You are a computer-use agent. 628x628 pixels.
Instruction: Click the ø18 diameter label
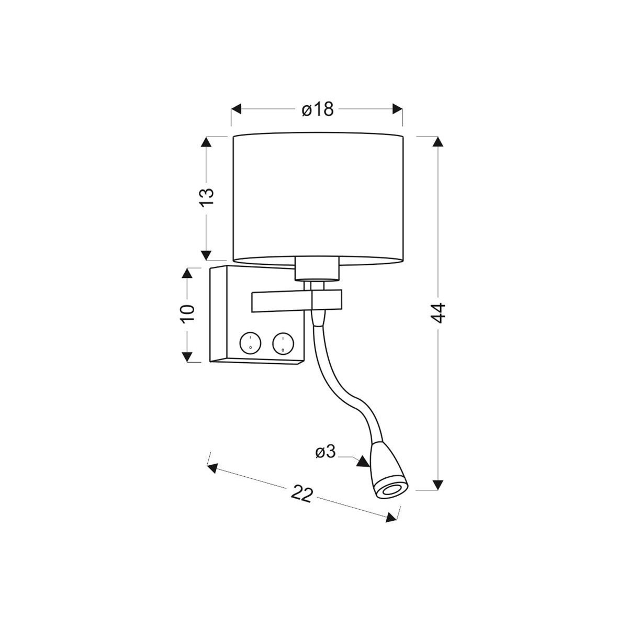[x=318, y=109]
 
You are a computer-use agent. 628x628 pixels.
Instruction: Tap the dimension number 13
[x=206, y=197]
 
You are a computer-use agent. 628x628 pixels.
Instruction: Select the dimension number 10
[x=187, y=313]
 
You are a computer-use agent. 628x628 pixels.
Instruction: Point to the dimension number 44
[x=438, y=312]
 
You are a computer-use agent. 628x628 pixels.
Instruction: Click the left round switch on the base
[x=250, y=343]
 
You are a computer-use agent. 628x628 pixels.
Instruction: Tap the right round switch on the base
[x=283, y=343]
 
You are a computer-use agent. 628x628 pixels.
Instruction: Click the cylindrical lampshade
[x=318, y=198]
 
